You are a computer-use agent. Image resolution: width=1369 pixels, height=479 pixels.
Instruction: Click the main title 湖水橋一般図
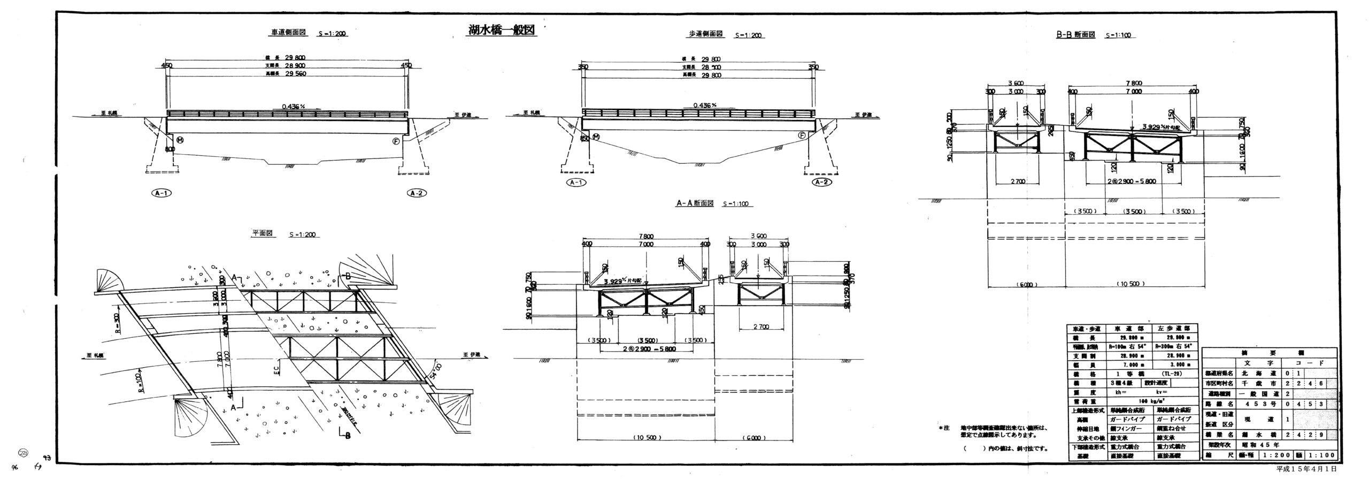(x=501, y=44)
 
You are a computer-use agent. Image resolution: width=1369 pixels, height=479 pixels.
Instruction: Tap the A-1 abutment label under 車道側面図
(x=161, y=193)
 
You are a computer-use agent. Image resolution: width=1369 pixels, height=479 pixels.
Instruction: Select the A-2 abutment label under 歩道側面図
(x=822, y=182)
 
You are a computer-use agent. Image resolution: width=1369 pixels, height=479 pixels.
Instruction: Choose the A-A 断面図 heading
(x=695, y=203)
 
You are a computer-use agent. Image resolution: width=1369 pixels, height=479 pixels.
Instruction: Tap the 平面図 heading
(x=263, y=233)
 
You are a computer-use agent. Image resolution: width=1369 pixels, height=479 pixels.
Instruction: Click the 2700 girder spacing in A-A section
(x=762, y=326)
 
